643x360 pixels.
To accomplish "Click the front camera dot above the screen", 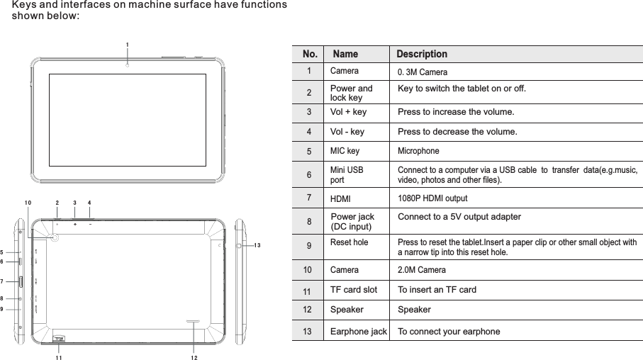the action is coord(127,65).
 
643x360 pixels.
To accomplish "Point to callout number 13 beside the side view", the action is coord(257,245).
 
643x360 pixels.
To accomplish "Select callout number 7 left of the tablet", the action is coord(3,281).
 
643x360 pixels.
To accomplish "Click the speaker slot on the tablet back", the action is coord(192,321).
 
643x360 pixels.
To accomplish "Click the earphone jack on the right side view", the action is coord(239,245).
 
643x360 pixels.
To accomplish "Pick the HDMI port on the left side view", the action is coord(21,281).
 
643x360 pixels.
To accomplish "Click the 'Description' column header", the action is coord(422,54).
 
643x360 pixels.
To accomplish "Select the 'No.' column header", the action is coord(310,54).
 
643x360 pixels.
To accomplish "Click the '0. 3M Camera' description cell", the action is coord(423,72).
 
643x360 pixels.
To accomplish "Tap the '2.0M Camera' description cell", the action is coord(421,270).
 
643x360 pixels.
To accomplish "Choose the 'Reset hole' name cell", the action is coord(350,243).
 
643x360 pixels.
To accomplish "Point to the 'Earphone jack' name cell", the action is coord(359,331).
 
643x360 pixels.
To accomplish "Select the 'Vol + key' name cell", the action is coord(348,112).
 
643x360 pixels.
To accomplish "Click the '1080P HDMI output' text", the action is coord(432,199).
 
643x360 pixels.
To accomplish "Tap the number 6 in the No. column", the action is coord(309,174).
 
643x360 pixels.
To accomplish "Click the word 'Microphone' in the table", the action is coord(418,152).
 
